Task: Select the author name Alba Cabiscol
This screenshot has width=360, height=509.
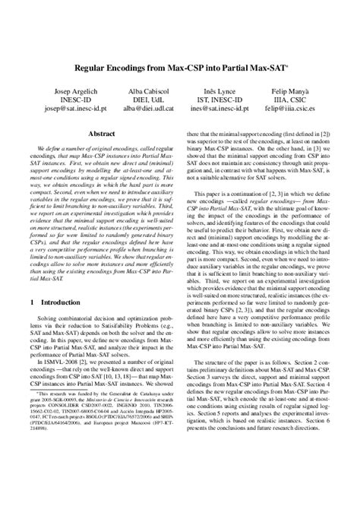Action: pos(141,90)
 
